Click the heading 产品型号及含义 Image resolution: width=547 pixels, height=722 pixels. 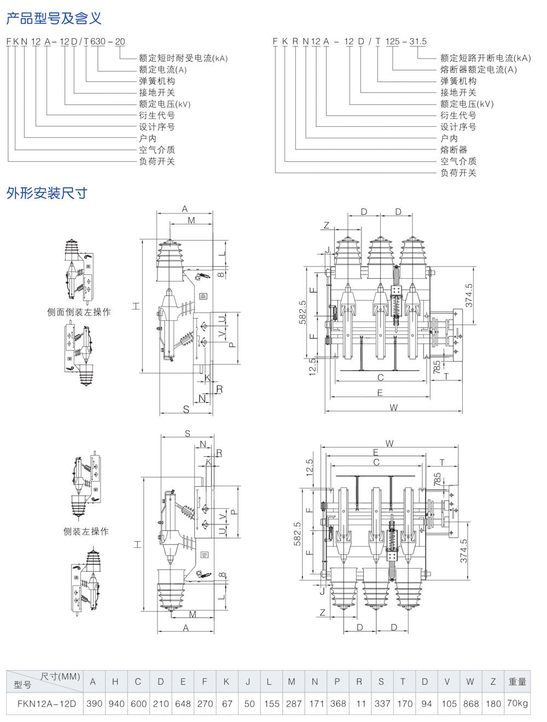click(54, 18)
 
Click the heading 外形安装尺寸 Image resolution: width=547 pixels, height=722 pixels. click(46, 193)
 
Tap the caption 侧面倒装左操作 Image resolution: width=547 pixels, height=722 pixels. click(79, 312)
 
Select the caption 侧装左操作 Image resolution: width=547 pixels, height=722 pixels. click(86, 531)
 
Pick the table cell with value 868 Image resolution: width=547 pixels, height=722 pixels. click(470, 703)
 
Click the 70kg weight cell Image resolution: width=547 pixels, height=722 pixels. click(517, 703)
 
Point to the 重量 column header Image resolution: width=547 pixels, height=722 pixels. click(517, 682)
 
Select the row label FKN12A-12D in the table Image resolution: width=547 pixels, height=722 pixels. click(46, 703)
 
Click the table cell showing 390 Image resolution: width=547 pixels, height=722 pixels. click(94, 703)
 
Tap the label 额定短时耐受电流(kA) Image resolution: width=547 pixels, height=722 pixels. click(183, 58)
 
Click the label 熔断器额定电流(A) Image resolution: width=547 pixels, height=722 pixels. click(478, 69)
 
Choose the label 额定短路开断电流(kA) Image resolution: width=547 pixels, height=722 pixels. click(485, 58)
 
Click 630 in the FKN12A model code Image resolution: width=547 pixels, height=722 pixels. click(98, 42)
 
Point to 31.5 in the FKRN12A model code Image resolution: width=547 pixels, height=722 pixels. click(418, 42)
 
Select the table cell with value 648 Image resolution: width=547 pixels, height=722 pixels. click(183, 703)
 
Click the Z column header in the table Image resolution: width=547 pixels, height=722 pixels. click(493, 682)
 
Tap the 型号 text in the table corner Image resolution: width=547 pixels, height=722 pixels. click(22, 684)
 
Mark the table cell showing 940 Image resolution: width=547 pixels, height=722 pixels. click(116, 703)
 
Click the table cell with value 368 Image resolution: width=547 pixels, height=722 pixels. click(338, 703)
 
